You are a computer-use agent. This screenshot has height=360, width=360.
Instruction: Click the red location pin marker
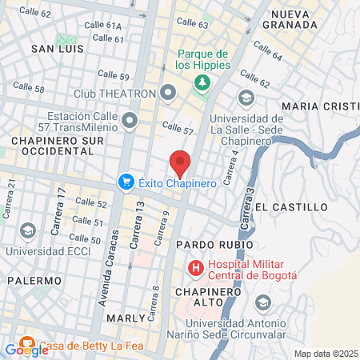180,162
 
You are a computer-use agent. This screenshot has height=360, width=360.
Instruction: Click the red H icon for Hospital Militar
195,267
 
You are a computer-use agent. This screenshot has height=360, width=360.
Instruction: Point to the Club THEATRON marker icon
168,94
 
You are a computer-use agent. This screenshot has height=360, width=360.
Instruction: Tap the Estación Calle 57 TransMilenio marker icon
130,121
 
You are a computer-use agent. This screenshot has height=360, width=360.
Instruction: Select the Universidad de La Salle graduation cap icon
246,97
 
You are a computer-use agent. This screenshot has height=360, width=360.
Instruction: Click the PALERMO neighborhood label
34,281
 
